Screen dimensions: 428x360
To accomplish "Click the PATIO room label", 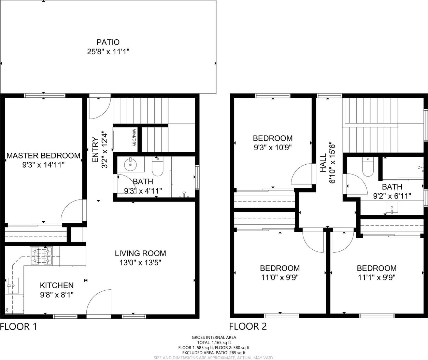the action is [108, 42].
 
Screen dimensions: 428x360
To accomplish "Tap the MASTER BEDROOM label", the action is [43, 155].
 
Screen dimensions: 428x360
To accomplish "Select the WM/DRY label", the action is [134, 138].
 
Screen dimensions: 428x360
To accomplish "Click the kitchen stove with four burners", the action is [41, 256].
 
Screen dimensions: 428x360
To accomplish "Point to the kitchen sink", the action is [13, 286].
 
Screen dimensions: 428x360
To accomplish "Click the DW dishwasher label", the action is [6, 310].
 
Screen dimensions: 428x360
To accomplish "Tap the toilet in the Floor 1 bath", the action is [157, 167].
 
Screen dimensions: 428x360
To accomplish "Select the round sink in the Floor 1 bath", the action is [130, 165].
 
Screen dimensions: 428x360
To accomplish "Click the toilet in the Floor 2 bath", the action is [368, 167].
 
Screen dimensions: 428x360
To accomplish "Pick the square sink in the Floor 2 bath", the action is [392, 208].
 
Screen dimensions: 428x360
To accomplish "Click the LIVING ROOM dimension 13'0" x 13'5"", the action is [140, 263].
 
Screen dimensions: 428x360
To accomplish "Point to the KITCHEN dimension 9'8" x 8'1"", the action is [57, 295].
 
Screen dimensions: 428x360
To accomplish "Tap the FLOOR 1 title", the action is [18, 327].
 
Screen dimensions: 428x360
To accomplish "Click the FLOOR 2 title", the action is [248, 327].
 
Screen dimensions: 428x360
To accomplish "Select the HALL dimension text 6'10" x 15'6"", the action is [332, 164].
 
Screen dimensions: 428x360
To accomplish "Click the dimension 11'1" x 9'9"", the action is [376, 278].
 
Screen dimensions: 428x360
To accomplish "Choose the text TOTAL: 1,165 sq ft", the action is [214, 342].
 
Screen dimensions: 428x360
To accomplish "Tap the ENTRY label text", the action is [96, 150].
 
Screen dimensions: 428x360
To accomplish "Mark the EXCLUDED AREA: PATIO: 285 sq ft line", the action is [214, 353].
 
